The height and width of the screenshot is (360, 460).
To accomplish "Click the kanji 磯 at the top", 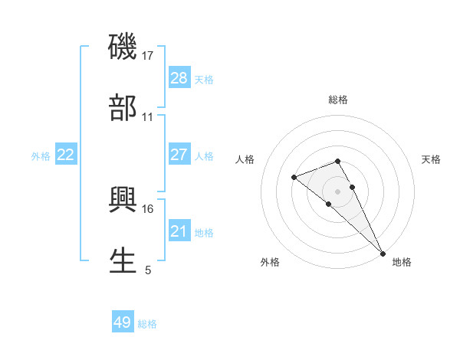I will (123, 47).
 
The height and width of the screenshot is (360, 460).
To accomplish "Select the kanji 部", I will (123, 108).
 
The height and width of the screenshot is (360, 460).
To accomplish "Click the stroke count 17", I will (148, 56).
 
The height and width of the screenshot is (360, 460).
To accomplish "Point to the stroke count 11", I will (148, 117).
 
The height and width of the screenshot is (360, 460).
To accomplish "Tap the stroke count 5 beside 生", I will (148, 270).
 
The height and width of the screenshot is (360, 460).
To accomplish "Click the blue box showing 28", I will (179, 78).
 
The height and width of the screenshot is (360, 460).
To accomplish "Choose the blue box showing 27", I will (179, 155).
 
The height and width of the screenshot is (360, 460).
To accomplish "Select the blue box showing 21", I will (179, 231).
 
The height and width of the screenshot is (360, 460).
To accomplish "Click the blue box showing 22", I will (66, 155).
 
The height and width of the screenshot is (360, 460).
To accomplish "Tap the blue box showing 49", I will (123, 322).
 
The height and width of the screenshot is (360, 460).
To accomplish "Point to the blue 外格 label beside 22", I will (41, 156).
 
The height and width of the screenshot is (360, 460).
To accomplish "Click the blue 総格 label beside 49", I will (147, 324).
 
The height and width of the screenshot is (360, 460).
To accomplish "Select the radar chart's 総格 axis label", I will (338, 100).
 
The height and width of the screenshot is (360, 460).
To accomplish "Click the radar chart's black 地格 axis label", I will (402, 262).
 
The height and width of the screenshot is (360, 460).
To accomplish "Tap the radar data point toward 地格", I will (383, 253).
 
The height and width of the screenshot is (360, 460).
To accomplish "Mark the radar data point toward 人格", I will (294, 178).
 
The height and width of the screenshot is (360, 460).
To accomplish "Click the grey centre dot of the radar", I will (338, 190).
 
